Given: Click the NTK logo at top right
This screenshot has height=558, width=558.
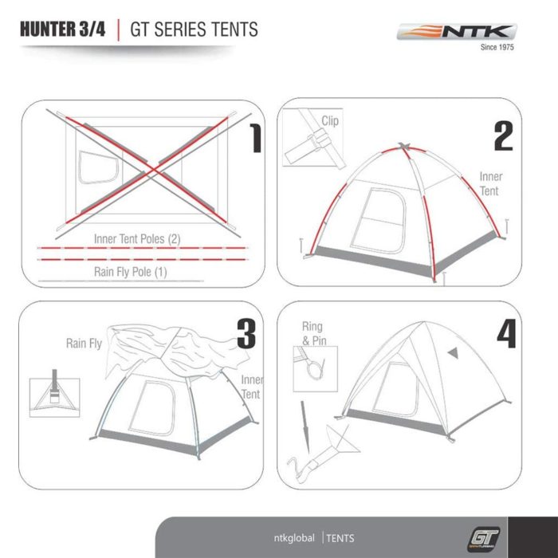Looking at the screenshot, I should click(x=457, y=33).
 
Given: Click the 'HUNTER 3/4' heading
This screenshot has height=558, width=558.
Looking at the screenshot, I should click(x=62, y=30).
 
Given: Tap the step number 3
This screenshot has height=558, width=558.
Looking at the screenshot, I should click(x=246, y=332).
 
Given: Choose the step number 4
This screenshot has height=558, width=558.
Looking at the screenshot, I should click(x=506, y=332).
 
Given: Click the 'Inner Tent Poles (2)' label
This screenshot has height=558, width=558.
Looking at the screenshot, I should click(x=137, y=238).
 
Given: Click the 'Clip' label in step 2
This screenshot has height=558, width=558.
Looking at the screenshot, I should click(x=330, y=121).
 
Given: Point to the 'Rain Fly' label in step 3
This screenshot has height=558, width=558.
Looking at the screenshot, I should click(x=84, y=344).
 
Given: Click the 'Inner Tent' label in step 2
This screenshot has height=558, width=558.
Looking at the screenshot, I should click(x=490, y=183).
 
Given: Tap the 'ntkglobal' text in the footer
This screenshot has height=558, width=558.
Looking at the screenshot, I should click(x=294, y=536).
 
